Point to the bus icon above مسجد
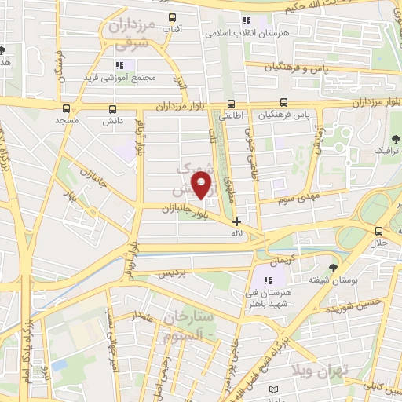[66, 110]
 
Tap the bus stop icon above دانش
[114, 110]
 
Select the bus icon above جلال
[379, 231]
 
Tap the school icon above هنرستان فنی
[267, 280]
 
